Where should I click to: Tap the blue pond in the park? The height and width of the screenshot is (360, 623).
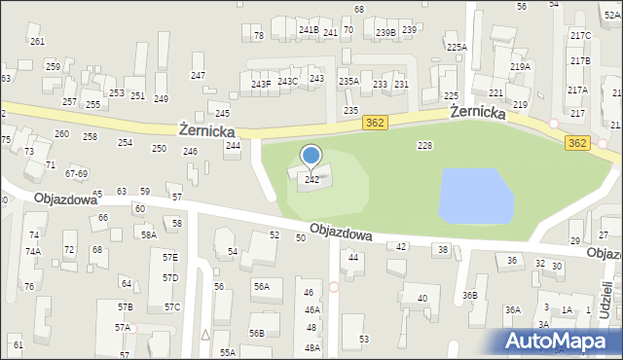(x=475, y=195)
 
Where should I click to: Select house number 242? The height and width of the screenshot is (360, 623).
(x=311, y=180)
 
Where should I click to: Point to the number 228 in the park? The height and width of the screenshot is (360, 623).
(x=424, y=145)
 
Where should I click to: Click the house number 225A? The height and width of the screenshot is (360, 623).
(x=457, y=47)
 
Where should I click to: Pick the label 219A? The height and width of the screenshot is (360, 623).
(x=520, y=67)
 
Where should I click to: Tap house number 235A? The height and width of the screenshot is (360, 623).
(x=348, y=82)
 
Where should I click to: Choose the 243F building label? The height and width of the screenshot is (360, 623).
(x=261, y=85)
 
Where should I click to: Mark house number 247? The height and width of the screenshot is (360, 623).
(x=198, y=76)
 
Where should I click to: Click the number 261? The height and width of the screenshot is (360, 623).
(x=37, y=42)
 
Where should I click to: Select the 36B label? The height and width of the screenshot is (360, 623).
(x=470, y=296)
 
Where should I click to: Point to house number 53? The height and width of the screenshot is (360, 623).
(x=364, y=339)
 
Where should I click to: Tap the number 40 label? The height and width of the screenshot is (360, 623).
(x=421, y=299)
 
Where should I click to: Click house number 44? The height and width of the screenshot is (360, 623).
(x=353, y=258)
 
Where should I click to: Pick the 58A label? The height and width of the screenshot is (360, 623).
(x=148, y=234)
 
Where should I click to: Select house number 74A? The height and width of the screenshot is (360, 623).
(x=33, y=251)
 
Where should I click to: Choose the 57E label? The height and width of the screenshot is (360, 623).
(x=170, y=258)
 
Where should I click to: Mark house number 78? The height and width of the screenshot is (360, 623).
(x=258, y=36)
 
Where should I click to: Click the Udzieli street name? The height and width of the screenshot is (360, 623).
(x=606, y=293)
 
